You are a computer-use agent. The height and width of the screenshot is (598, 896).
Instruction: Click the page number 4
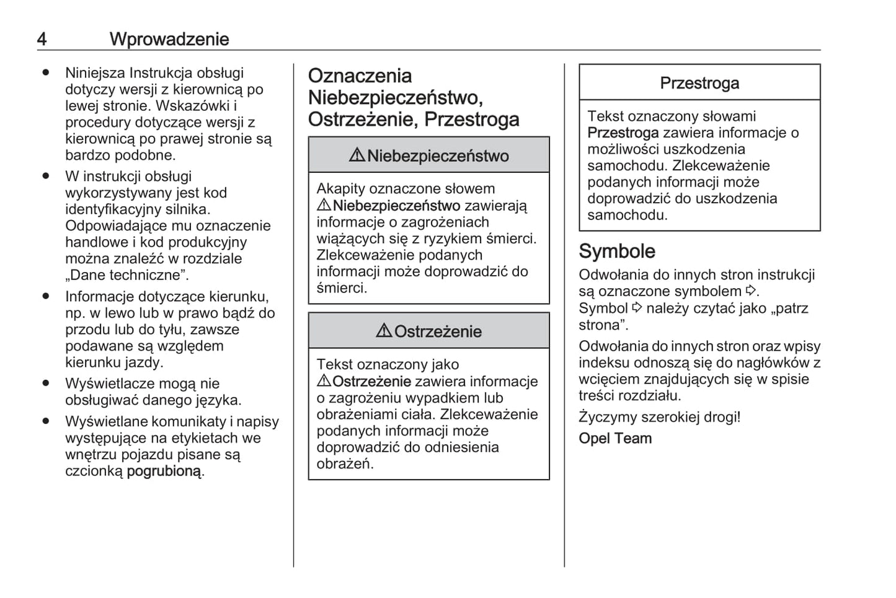click(42, 39)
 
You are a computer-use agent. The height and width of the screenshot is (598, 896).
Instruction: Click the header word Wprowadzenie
click(169, 39)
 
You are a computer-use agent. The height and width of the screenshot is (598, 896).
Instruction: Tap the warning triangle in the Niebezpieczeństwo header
click(357, 155)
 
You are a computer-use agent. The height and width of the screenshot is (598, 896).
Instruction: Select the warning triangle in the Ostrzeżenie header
click(384, 331)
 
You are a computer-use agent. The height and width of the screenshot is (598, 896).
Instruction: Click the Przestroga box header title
click(699, 83)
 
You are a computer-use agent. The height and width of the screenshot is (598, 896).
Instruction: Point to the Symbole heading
click(617, 251)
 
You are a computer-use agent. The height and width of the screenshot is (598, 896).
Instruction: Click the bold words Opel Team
click(615, 438)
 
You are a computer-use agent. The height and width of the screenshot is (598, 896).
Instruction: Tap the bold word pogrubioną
click(164, 471)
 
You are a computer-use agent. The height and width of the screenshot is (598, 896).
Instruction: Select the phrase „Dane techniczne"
click(127, 275)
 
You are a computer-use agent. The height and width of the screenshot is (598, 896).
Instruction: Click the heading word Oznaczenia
click(360, 76)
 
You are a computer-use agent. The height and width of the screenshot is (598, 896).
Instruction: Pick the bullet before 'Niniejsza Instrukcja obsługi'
click(45, 73)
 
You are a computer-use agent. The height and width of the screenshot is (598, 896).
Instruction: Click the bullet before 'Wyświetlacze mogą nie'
click(45, 384)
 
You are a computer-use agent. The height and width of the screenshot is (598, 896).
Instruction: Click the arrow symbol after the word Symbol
click(637, 307)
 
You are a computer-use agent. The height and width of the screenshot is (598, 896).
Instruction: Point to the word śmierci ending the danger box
click(341, 288)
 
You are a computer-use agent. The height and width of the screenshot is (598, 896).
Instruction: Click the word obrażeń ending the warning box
click(344, 464)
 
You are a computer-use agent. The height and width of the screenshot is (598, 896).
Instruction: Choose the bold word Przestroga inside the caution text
click(623, 133)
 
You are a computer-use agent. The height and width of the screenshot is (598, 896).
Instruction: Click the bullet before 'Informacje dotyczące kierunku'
click(45, 296)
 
